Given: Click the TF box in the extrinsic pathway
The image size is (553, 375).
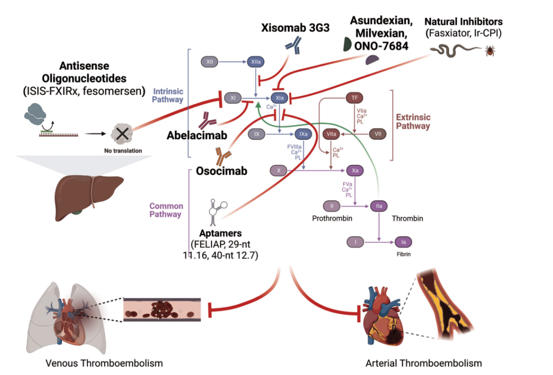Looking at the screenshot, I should point(354,97).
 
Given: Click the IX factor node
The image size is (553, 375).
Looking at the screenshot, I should point(256,134).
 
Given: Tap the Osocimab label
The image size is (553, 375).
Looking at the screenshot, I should point(221,171).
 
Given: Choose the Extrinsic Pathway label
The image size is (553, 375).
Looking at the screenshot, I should point(413,121).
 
